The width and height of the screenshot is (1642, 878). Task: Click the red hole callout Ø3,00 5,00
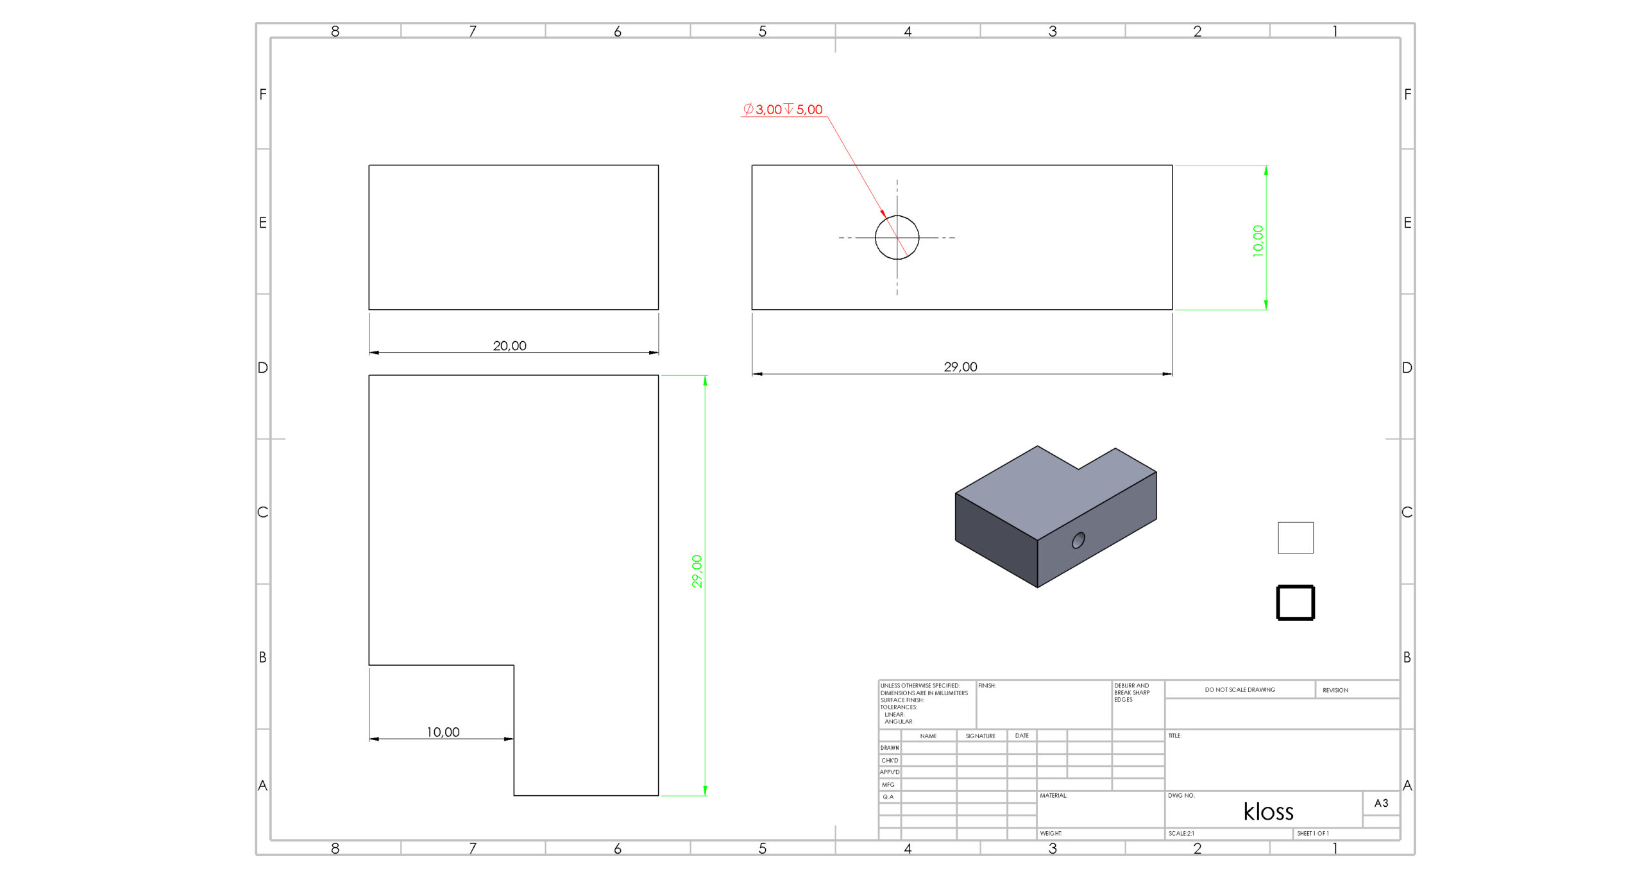783,110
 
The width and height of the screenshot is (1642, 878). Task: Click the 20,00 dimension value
510,346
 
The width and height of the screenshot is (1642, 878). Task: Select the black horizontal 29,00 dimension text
961,367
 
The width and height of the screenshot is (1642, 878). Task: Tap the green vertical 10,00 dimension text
1258,241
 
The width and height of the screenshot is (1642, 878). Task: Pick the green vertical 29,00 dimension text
697,571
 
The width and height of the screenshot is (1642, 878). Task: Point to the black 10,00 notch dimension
443,732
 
